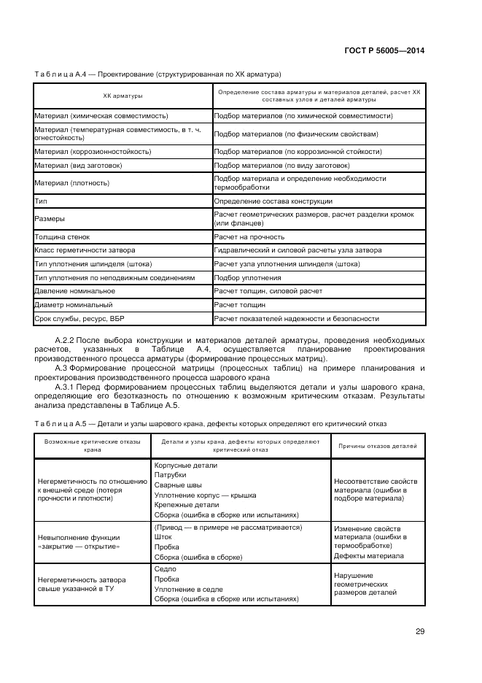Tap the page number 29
click(x=420, y=631)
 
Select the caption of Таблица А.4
click(x=158, y=74)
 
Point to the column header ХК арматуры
click(x=123, y=96)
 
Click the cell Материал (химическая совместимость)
click(x=101, y=115)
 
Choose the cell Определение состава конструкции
click(x=273, y=201)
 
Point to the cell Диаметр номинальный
click(x=73, y=304)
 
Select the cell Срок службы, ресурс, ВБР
click(x=81, y=318)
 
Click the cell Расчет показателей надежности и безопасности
click(x=296, y=318)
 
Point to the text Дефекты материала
click(x=368, y=555)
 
